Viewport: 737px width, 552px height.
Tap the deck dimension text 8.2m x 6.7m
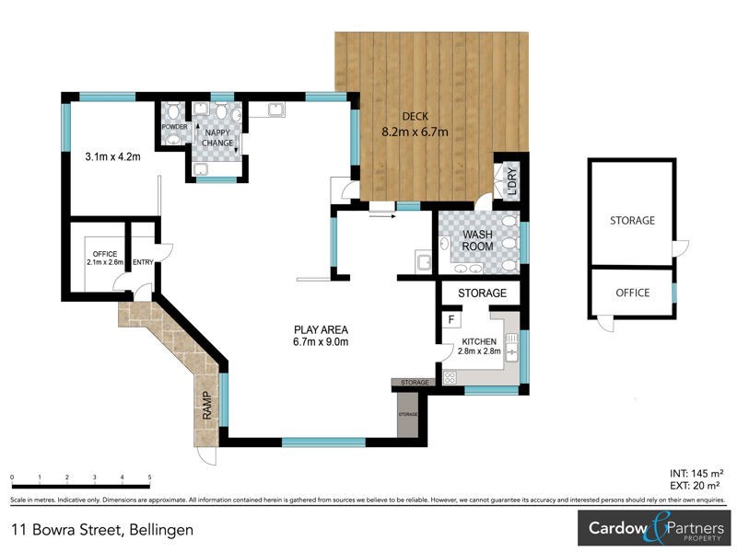point(415,132)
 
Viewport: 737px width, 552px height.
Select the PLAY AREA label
point(320,329)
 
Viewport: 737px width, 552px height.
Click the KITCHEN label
point(481,340)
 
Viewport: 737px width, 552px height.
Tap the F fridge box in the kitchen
point(451,319)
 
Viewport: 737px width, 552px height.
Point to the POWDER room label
point(174,127)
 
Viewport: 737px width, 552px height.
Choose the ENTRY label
point(143,263)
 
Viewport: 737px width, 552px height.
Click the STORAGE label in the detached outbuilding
point(632,221)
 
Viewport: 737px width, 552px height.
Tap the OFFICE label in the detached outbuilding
point(632,293)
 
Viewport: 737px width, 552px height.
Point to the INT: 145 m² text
point(695,473)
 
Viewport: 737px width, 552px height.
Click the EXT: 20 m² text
point(695,485)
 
